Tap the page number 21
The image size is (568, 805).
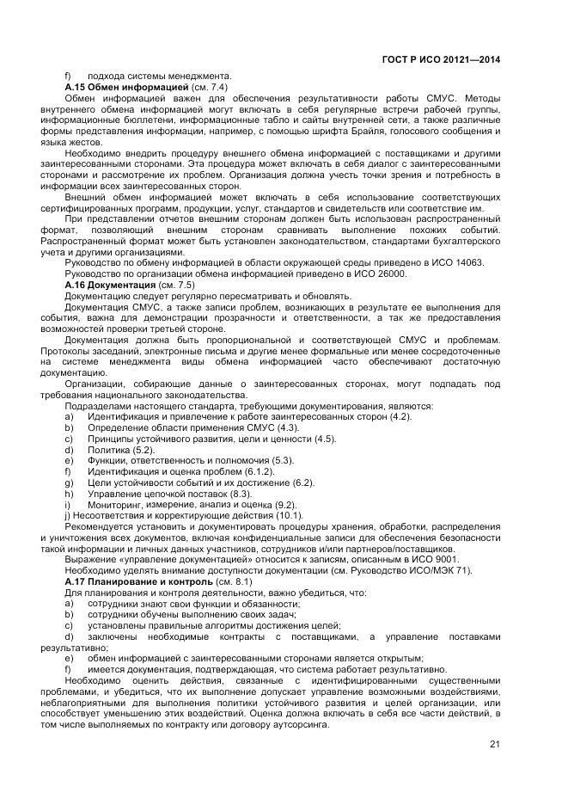[494, 745]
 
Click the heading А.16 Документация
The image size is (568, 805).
[111, 285]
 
